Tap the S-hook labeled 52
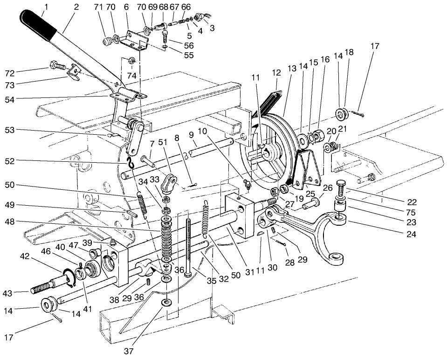click(131, 162)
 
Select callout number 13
click(292, 69)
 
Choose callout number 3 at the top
click(213, 28)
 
